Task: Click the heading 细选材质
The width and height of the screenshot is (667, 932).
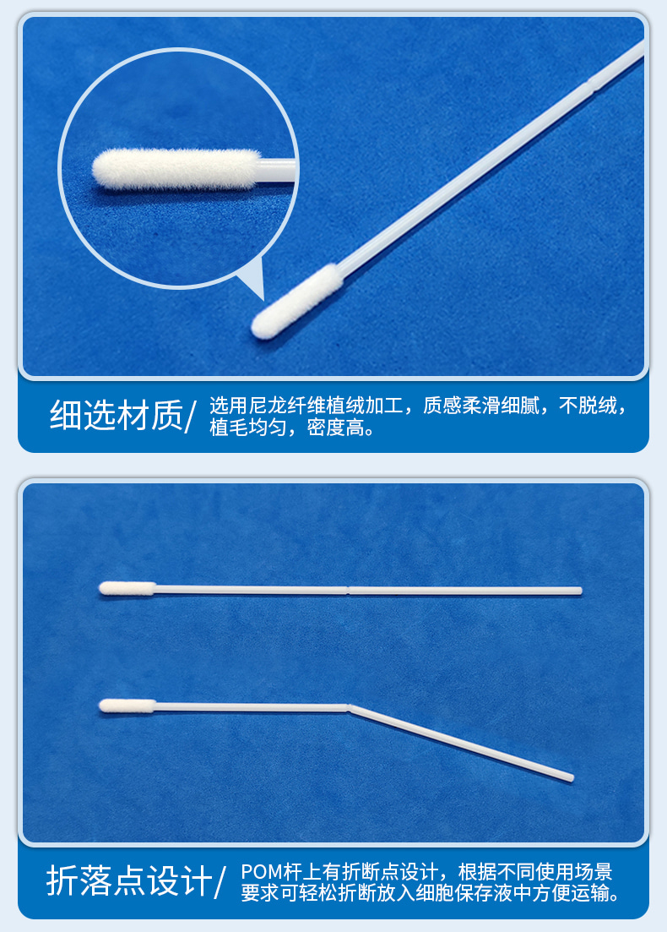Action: pyautogui.click(x=116, y=416)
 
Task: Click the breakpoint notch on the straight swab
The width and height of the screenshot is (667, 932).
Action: pyautogui.click(x=348, y=590)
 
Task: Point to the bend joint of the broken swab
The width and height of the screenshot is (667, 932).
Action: pyautogui.click(x=350, y=707)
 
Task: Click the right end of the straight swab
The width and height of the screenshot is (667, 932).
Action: pyautogui.click(x=579, y=591)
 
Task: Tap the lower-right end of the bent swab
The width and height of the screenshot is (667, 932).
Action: pyautogui.click(x=571, y=777)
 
